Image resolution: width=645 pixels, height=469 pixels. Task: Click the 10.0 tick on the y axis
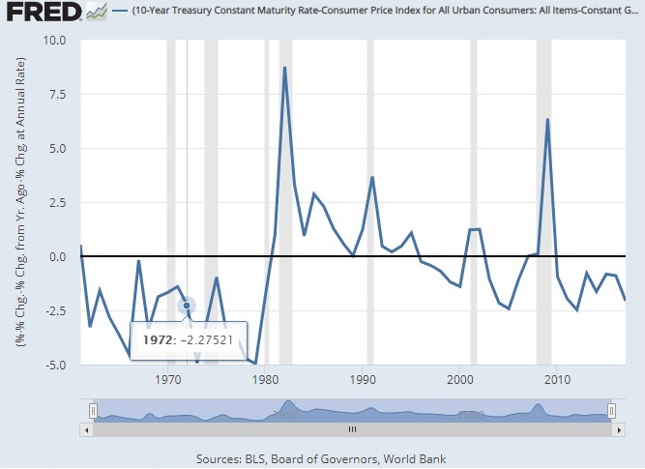click(54, 42)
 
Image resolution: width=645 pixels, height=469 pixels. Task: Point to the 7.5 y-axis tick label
click(57, 95)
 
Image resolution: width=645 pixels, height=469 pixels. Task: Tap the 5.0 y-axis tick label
click(57, 149)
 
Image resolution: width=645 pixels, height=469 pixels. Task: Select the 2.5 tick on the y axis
click(57, 203)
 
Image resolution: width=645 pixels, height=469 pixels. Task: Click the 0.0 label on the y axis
click(57, 257)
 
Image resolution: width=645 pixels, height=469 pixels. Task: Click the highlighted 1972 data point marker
click(187, 306)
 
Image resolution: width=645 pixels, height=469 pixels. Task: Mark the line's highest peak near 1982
click(284, 68)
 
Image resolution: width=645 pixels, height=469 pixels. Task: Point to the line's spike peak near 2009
click(547, 120)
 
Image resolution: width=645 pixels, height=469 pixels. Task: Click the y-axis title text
click(19, 203)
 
